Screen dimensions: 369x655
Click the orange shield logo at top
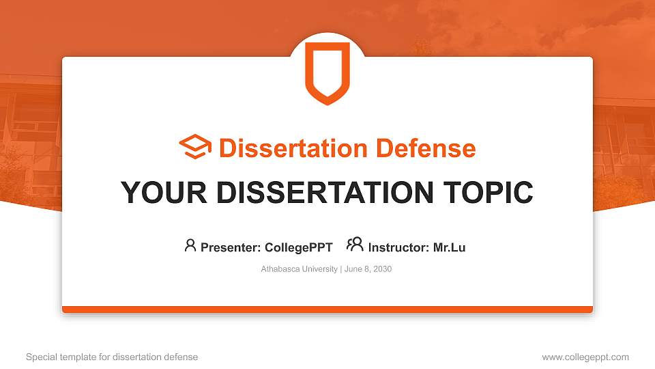pyautogui.click(x=327, y=72)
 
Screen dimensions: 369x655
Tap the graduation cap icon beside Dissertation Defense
pyautogui.click(x=195, y=148)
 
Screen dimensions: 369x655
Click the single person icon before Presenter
pyautogui.click(x=190, y=245)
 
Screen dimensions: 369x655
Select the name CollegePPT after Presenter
pyautogui.click(x=298, y=247)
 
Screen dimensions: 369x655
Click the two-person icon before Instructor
pyautogui.click(x=355, y=245)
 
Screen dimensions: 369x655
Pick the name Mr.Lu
pyautogui.click(x=449, y=247)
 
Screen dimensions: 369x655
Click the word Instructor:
pyautogui.click(x=398, y=247)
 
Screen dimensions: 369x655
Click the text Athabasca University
pyautogui.click(x=299, y=269)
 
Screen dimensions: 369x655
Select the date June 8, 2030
pyautogui.click(x=368, y=269)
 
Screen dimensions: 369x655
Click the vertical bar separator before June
pyautogui.click(x=340, y=269)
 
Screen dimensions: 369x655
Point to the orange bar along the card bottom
pyautogui.click(x=327, y=310)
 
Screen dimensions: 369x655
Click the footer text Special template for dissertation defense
pyautogui.click(x=112, y=357)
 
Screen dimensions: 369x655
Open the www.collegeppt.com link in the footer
pyautogui.click(x=585, y=357)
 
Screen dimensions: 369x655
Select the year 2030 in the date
pyautogui.click(x=382, y=269)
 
